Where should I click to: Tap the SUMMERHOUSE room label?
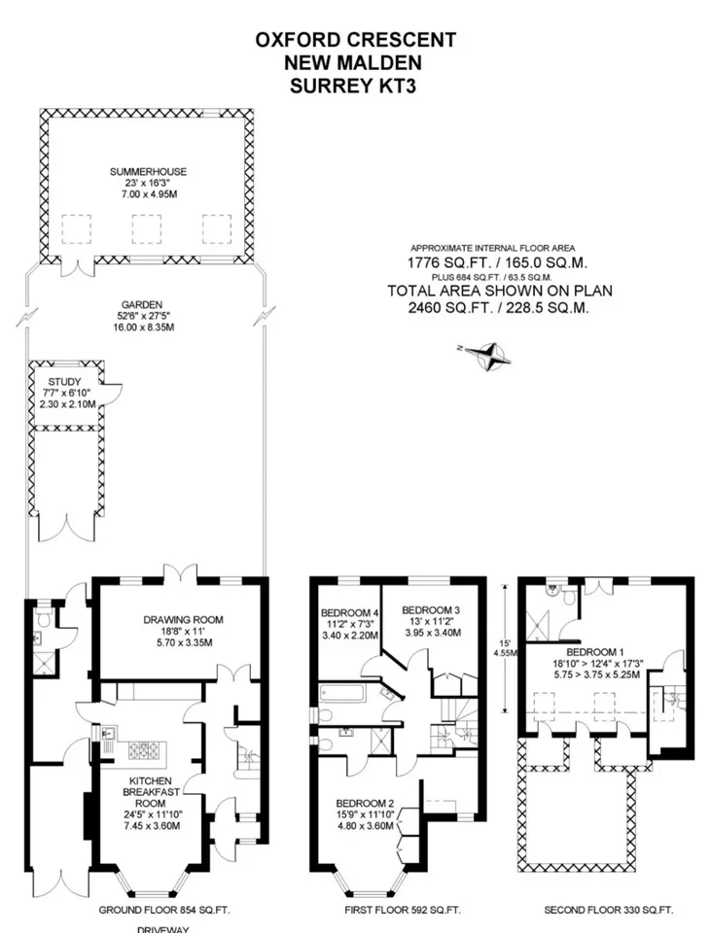pos(148,172)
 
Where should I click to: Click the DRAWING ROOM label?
pos(184,619)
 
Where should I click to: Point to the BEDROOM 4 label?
pos(349,613)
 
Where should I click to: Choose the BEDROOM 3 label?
pos(431,610)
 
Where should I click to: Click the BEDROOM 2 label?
pos(365,804)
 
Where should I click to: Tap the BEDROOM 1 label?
pos(595,652)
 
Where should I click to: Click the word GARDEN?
pos(142,304)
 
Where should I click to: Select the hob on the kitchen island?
pos(144,750)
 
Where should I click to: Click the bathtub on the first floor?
pos(346,694)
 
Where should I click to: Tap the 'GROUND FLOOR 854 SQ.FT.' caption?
pos(164,910)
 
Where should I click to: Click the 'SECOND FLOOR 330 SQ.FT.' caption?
pos(609,910)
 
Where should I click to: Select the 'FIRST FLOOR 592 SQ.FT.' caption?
pos(403,910)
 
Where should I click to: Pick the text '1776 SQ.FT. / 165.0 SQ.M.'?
pos(497,262)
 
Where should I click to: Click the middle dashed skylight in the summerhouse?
pos(147,229)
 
